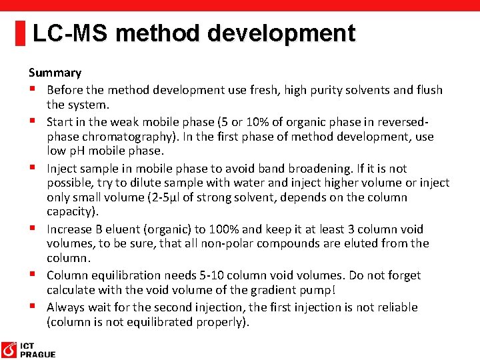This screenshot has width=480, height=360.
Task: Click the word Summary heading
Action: point(55,73)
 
